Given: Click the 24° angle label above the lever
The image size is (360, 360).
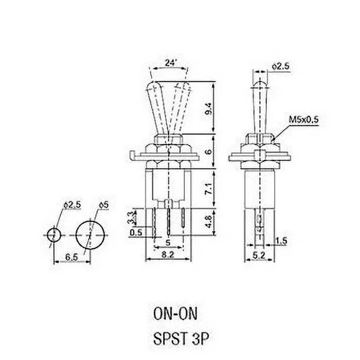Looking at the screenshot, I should [169, 63].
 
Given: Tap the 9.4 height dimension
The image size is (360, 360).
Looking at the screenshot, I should [208, 108].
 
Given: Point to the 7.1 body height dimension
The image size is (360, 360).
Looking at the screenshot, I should [208, 188].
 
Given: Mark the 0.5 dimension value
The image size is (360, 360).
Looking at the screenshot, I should [135, 232].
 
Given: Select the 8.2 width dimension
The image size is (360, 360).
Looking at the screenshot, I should [169, 255].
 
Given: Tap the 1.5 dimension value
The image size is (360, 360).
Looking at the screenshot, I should [281, 241].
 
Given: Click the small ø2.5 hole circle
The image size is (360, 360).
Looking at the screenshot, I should [54, 234].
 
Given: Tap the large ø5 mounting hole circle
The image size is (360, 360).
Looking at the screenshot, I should [91, 234].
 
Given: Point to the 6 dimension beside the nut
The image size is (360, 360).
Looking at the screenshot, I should [208, 152].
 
